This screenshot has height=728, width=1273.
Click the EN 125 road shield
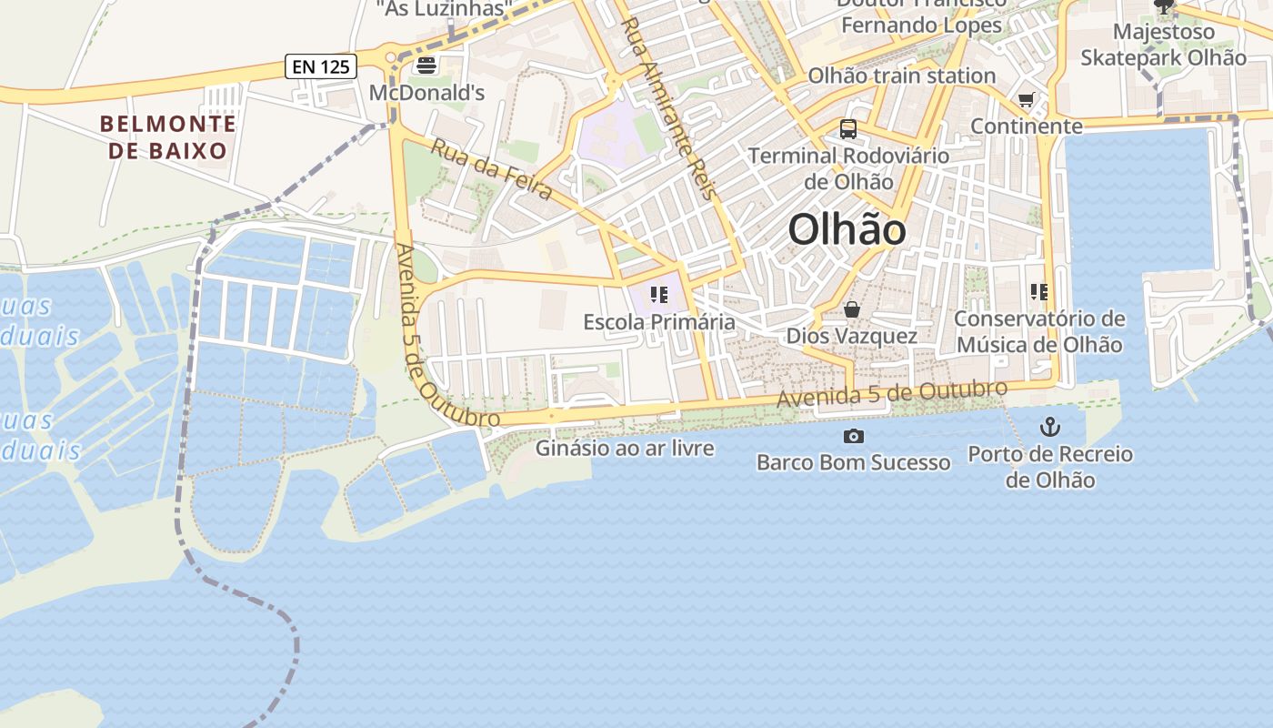321,66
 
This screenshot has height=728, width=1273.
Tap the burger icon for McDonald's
426,66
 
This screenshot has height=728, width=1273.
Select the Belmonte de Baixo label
167,137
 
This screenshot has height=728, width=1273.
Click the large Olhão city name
847,229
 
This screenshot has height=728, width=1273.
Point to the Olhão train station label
901,76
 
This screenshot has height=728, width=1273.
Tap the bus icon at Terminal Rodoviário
848,129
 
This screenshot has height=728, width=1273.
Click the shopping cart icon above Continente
1027,99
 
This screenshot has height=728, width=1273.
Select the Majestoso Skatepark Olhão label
1163,45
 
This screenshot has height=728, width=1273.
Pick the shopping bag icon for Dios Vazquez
852,310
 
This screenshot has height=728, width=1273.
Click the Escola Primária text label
659,322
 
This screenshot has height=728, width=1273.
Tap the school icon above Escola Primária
659,295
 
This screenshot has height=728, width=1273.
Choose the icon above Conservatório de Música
1039,292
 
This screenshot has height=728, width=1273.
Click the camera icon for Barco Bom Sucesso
853,437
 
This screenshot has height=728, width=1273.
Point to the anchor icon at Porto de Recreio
1050,426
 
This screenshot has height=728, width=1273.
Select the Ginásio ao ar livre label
625,448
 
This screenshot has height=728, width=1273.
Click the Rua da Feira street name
491,169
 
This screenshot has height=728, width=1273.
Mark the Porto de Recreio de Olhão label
1050,467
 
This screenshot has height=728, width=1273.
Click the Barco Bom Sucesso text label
853,462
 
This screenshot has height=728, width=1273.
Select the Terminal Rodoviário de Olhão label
848,168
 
